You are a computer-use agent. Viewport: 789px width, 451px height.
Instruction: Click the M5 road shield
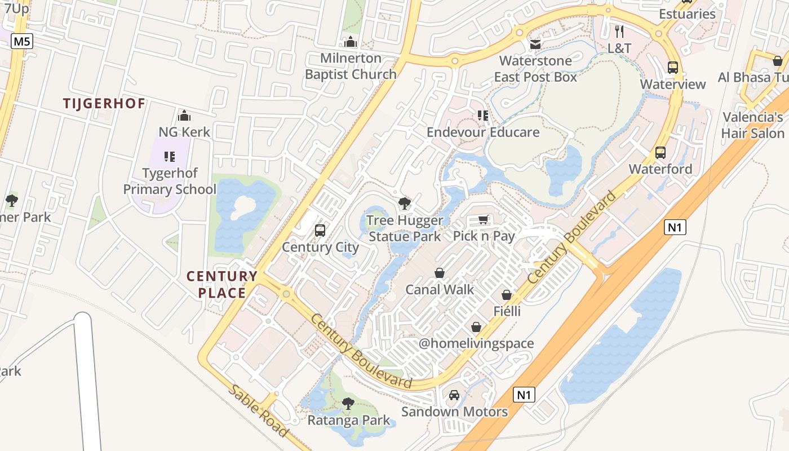click(21, 41)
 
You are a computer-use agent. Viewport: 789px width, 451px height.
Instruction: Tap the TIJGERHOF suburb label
click(104, 104)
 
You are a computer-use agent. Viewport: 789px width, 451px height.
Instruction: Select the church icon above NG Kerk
click(184, 116)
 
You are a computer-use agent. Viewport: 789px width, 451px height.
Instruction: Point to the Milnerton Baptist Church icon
click(351, 42)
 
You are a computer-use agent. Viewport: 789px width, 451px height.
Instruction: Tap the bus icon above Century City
click(320, 231)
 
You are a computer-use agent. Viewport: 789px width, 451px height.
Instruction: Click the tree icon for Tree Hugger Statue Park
click(404, 204)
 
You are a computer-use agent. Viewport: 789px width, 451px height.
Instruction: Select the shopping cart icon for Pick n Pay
click(483, 220)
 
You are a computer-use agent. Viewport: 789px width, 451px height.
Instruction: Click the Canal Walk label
click(440, 290)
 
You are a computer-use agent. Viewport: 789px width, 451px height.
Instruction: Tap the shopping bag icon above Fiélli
click(507, 295)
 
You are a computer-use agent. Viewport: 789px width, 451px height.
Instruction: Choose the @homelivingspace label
click(476, 343)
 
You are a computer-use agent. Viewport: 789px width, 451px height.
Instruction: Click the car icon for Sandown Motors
click(454, 395)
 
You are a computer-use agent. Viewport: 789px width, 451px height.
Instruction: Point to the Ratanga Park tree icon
click(348, 404)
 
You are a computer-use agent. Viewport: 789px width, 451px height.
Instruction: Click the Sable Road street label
click(259, 412)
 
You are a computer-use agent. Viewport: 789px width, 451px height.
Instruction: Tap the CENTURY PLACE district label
click(222, 285)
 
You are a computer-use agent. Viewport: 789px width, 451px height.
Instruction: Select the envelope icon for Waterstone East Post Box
click(535, 44)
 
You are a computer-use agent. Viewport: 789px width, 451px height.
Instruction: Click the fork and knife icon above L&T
click(619, 32)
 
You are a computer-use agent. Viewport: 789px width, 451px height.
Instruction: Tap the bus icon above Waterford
click(660, 153)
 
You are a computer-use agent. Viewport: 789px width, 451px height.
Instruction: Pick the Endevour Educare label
click(483, 132)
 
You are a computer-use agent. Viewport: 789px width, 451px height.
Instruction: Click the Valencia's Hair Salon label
click(753, 125)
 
